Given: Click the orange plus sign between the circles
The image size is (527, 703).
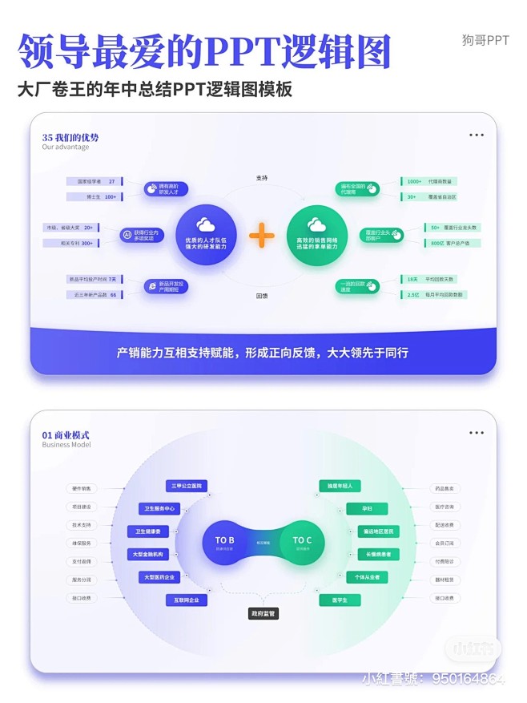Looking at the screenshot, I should (x=262, y=235).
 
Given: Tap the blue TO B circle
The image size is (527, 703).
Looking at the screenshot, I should (x=223, y=543).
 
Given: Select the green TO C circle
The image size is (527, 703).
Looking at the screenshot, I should (x=302, y=543).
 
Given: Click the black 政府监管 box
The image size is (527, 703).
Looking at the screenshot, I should (x=263, y=613).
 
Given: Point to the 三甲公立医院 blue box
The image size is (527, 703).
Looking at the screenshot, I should (x=187, y=486).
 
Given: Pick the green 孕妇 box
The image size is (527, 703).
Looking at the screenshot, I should (x=367, y=508).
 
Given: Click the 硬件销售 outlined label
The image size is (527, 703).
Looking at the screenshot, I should (x=82, y=487).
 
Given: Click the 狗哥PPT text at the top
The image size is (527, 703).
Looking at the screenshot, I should (x=485, y=40).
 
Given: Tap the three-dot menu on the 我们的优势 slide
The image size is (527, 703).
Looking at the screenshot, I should (x=477, y=135).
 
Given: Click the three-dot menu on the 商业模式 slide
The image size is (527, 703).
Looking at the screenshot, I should (x=477, y=433).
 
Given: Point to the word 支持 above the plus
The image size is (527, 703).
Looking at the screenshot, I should (x=262, y=177).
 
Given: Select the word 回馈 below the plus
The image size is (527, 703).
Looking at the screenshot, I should (x=262, y=295).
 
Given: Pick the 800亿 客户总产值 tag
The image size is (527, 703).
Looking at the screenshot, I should (x=441, y=243).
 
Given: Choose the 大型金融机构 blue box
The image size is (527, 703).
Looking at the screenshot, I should (x=148, y=554).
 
